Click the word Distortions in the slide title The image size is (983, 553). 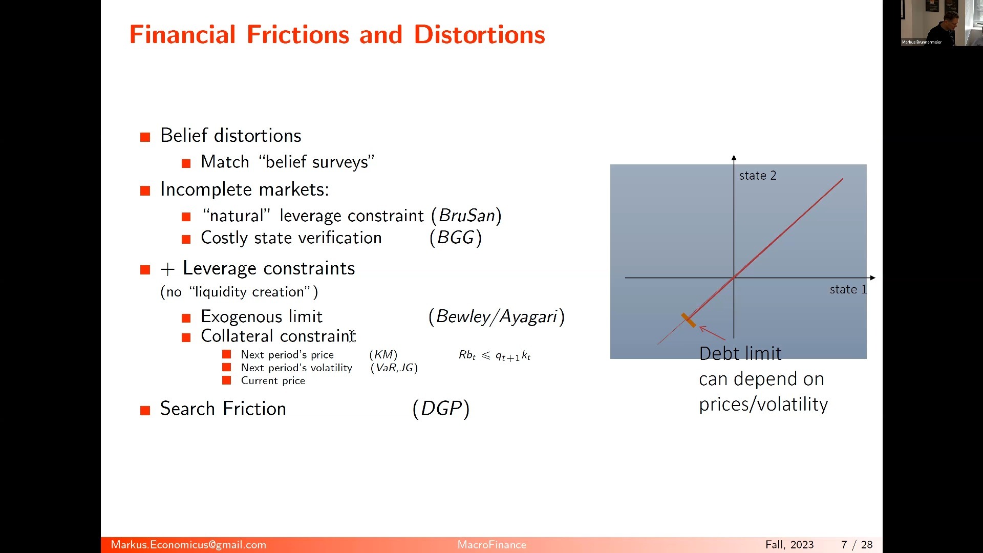pos(479,34)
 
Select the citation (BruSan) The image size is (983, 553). pos(466,216)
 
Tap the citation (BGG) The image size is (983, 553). pos(456,238)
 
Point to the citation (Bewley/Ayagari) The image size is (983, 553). pos(497,316)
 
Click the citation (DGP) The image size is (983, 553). pos(441,409)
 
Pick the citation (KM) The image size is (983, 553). pos(383,354)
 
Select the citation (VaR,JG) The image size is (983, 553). pos(394,368)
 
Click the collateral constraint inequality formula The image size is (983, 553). pos(495,355)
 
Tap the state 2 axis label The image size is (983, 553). pos(758,176)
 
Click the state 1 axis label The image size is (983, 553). pos(848,289)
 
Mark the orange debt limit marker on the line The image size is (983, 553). pos(689,320)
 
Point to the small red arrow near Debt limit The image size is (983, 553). pos(712,333)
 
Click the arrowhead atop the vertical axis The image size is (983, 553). pos(734,158)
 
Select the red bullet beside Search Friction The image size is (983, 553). pos(145,410)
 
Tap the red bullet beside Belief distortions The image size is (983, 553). pos(145,137)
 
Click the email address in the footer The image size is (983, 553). pos(188,545)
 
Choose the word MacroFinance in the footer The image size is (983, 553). pos(491,545)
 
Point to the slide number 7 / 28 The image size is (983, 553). pos(857,545)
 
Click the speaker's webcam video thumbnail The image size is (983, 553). pos(942,23)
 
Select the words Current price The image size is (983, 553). pos(273,380)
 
